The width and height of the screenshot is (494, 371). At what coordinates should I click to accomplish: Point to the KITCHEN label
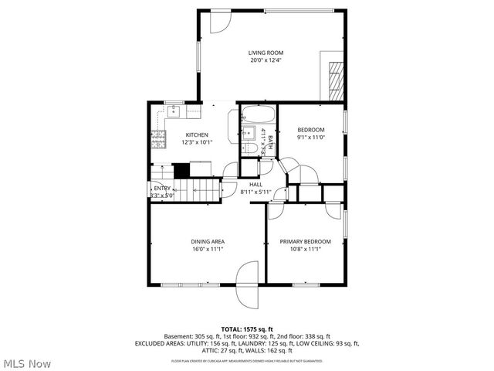point(195,134)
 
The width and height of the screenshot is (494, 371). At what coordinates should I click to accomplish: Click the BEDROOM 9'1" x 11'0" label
point(310,133)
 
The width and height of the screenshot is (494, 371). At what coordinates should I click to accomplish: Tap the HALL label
point(255,184)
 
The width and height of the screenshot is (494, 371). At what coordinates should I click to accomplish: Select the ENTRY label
point(162,188)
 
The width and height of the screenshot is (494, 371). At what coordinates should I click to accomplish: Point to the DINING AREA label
point(208,242)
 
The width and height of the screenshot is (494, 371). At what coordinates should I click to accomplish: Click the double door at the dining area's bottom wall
point(248,283)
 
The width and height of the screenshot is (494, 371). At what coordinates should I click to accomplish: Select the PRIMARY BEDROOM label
point(305,242)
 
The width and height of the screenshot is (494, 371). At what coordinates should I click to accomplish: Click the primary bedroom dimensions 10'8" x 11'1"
point(305,249)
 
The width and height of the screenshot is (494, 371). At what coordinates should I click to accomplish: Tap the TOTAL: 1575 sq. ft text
point(247,329)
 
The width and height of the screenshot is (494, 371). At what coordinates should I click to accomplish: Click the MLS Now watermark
point(27,362)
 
